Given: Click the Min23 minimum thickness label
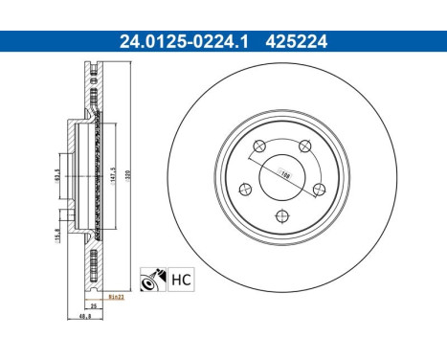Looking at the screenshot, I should [117, 299].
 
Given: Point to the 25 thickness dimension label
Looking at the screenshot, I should [95, 305].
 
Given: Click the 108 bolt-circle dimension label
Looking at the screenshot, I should [284, 174].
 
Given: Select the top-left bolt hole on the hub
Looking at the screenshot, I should [258, 146].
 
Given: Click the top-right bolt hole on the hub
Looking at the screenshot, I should [304, 146].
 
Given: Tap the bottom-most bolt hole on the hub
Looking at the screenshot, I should [281, 215].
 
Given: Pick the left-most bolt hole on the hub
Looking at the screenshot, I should [244, 189].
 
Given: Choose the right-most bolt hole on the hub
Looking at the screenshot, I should [319, 189].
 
